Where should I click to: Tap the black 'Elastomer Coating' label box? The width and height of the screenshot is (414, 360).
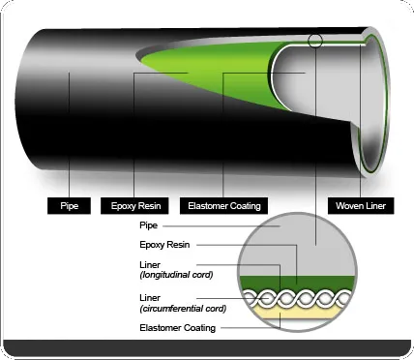pos(223,205)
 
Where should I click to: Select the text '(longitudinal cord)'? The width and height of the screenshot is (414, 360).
pos(177,275)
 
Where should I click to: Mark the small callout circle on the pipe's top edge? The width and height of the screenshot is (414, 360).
pos(316,42)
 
